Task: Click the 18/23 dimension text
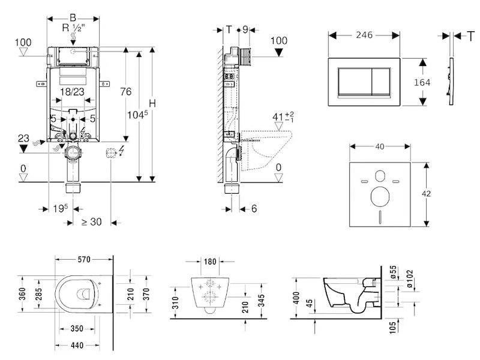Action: (72, 92)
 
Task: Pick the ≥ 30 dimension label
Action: (91, 221)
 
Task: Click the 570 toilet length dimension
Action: (83, 260)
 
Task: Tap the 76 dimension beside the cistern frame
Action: (125, 92)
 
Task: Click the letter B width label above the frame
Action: (73, 17)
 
